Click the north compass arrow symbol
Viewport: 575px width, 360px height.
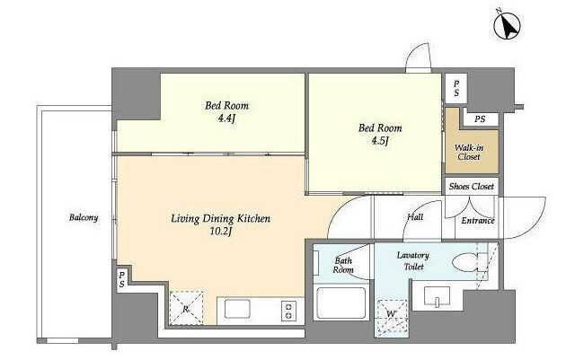pyautogui.click(x=507, y=24)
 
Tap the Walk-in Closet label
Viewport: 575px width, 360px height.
pyautogui.click(x=469, y=153)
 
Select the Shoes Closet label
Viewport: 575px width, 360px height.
pyautogui.click(x=471, y=186)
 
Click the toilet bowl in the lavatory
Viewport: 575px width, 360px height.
pyautogui.click(x=464, y=262)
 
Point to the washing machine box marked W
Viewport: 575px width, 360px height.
pyautogui.click(x=392, y=317)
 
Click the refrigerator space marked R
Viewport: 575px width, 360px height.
pyautogui.click(x=186, y=308)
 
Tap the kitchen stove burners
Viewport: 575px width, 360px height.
pyautogui.click(x=288, y=310)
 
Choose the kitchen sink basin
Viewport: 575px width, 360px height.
pyautogui.click(x=237, y=309)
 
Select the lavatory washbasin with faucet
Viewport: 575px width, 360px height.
pyautogui.click(x=437, y=295)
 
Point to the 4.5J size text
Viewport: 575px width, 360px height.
pyautogui.click(x=379, y=141)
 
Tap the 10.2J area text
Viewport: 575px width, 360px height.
pyautogui.click(x=220, y=232)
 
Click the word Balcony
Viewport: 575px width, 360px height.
pyautogui.click(x=84, y=218)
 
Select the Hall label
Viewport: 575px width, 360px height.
pyautogui.click(x=415, y=217)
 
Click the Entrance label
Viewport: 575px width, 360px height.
pyautogui.click(x=478, y=221)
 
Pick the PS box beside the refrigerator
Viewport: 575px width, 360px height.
pyautogui.click(x=122, y=279)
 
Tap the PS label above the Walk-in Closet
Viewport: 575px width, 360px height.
pyautogui.click(x=480, y=119)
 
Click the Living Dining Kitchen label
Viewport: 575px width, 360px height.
pyautogui.click(x=221, y=219)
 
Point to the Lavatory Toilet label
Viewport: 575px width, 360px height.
pyautogui.click(x=413, y=260)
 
